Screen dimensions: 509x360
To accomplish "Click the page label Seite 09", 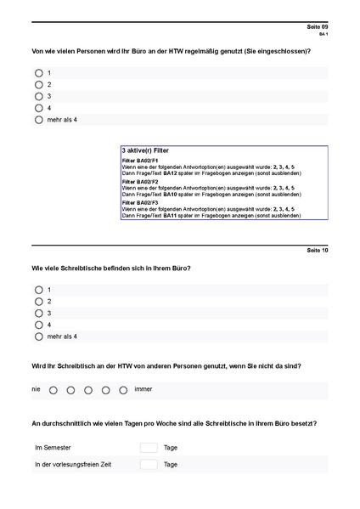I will (317, 27).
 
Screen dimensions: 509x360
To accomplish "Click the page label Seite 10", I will (317, 251).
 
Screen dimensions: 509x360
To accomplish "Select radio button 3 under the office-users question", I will (39, 96).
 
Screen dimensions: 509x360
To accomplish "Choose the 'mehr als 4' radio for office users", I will (39, 120).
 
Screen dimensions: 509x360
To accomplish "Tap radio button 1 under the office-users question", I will (39, 73).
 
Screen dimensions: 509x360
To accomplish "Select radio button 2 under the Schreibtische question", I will (39, 302).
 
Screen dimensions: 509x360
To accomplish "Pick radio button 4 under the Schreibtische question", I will (39, 325).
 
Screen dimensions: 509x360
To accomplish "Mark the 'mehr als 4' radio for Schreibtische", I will (39, 337).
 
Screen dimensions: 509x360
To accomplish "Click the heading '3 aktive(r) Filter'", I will (145, 150).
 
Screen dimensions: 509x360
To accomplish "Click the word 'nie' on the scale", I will (36, 390).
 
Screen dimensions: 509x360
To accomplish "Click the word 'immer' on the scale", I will (143, 390).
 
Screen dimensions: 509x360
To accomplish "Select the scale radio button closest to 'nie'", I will (53, 391).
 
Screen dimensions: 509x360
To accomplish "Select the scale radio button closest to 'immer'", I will (124, 391).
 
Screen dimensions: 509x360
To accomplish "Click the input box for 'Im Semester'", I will (149, 447).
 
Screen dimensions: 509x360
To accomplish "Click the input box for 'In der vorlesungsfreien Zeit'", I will (149, 465).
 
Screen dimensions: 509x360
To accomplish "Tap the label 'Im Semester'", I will (53, 447).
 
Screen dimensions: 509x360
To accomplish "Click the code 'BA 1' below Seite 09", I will (323, 35).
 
